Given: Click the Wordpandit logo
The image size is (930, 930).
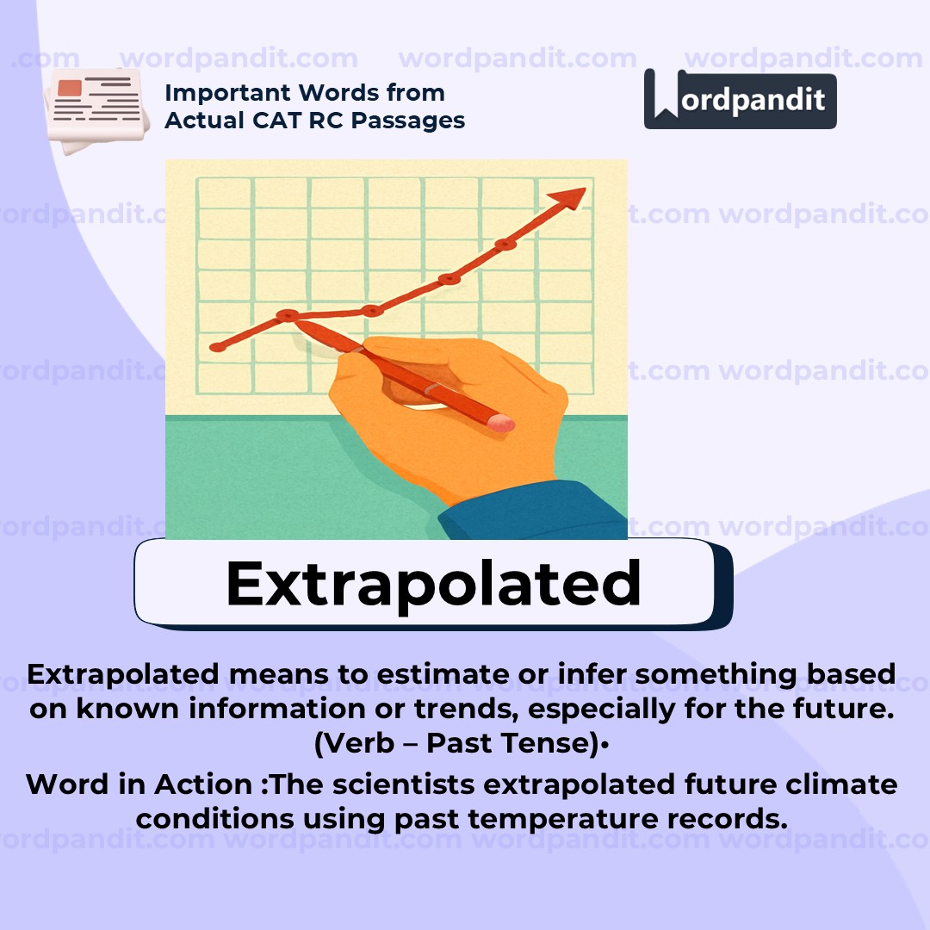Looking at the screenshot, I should [740, 99].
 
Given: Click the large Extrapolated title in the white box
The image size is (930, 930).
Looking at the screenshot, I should [433, 584].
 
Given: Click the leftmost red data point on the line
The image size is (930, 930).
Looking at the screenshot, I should [217, 347].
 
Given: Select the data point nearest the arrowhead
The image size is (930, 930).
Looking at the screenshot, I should [505, 245].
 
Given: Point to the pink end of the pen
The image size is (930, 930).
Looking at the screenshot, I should [500, 422].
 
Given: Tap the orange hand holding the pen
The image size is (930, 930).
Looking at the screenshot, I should [465, 413].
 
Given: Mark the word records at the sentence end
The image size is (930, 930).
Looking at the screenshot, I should [728, 819].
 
